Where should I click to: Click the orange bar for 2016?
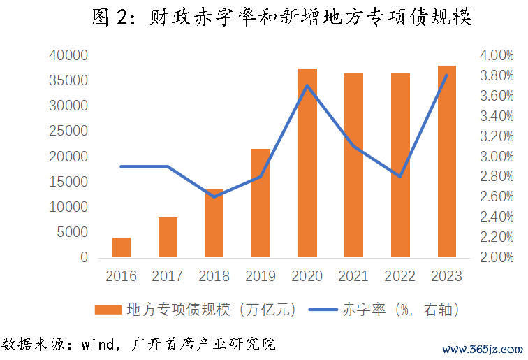[122, 247]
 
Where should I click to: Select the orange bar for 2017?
[168, 238]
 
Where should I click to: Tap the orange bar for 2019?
[261, 203]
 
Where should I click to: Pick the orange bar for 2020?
[307, 163]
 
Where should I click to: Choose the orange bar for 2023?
[447, 161]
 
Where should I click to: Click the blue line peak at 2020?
[307, 85]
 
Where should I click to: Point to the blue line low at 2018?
[214, 196]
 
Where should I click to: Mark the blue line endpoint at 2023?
[447, 75]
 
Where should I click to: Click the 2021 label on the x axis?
[354, 276]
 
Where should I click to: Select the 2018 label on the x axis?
[214, 276]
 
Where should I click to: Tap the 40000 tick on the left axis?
[68, 55]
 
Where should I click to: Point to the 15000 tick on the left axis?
[68, 182]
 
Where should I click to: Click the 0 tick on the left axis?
[84, 257]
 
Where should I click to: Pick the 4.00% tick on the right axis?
[497, 55]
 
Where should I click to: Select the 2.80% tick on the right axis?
[497, 177]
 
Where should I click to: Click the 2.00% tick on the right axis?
[497, 257]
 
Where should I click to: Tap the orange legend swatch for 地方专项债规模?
[109, 308]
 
